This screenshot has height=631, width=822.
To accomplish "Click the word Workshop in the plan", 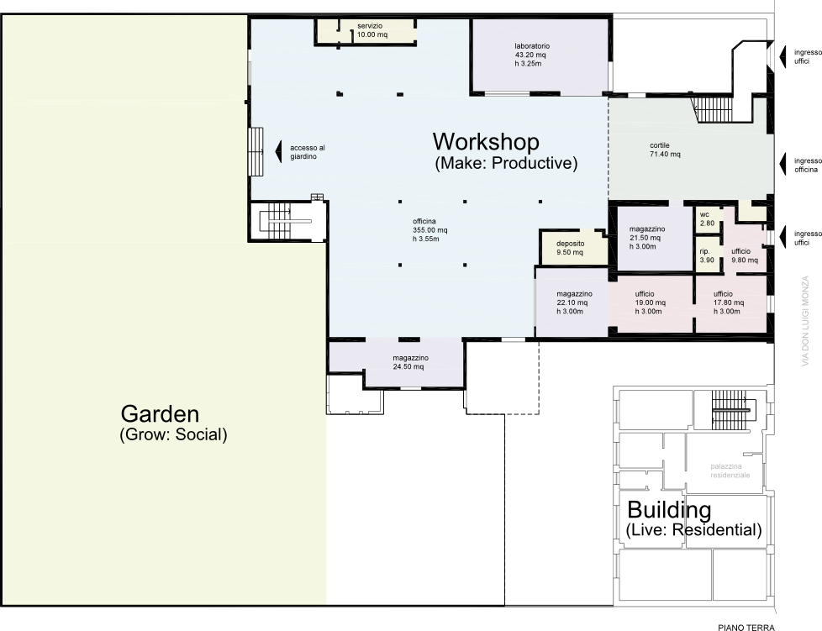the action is click(486, 142).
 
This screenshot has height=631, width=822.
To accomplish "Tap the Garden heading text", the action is click(160, 414).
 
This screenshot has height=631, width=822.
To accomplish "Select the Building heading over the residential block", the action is click(669, 509).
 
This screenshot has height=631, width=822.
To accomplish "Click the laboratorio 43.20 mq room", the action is click(540, 56).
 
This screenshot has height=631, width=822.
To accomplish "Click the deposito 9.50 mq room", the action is click(573, 247).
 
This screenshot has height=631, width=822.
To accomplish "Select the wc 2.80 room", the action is click(707, 219).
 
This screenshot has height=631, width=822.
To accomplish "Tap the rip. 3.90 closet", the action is click(707, 255).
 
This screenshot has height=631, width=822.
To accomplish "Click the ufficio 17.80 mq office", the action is click(730, 303).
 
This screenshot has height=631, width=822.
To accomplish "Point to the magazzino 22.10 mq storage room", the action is click(572, 302).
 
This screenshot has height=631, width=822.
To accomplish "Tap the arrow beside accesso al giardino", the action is click(279, 151).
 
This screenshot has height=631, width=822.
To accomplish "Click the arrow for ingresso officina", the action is click(783, 164).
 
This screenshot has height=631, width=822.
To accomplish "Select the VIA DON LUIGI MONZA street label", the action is click(805, 321).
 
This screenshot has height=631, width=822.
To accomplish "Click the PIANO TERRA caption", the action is click(746, 626).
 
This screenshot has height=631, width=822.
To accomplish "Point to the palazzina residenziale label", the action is click(730, 471).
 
